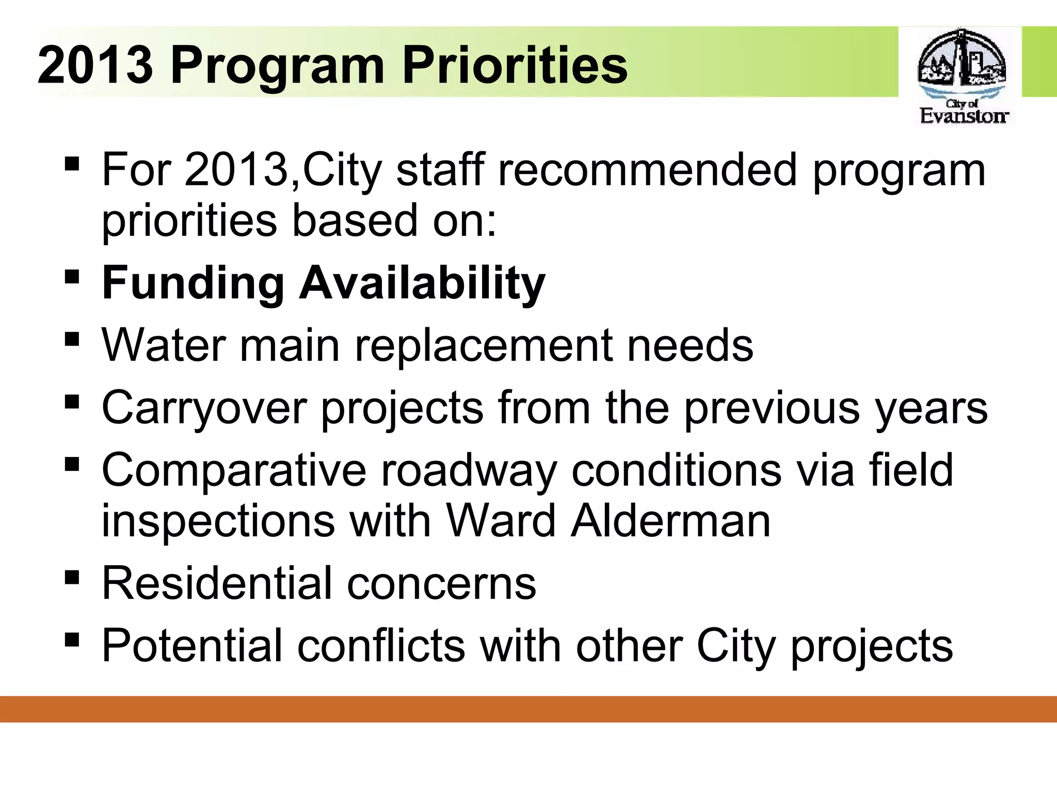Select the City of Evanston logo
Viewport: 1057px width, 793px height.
point(962,76)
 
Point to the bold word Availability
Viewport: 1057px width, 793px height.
point(422,284)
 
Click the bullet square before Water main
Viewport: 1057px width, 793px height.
point(73,339)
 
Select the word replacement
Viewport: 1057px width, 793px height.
point(483,346)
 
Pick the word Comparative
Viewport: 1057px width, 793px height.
point(234,470)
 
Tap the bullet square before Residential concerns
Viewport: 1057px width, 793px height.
point(73,576)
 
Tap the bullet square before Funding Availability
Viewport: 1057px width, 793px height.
point(73,277)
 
